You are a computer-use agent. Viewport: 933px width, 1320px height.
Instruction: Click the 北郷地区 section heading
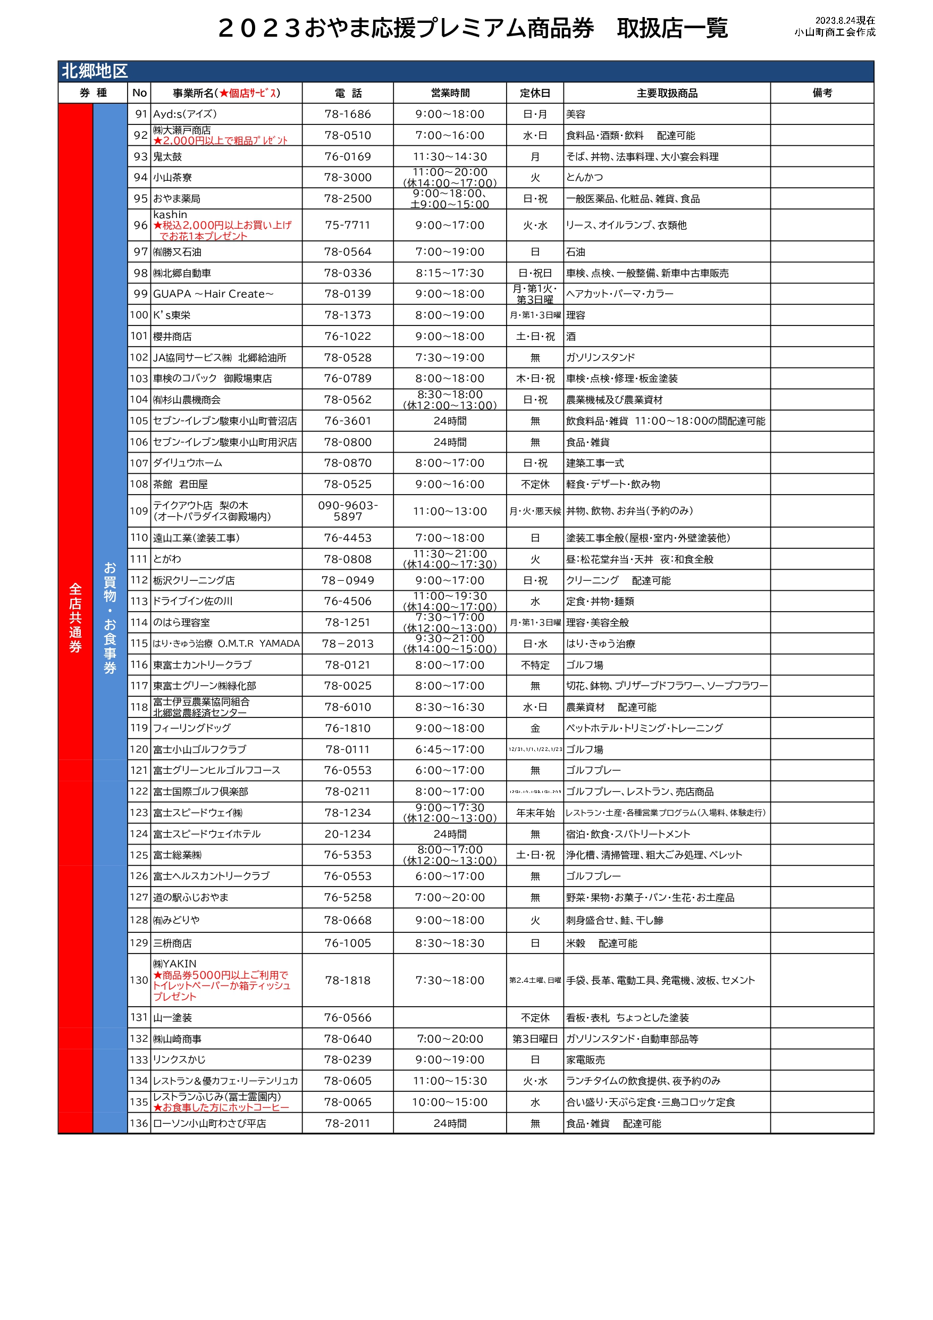point(95,71)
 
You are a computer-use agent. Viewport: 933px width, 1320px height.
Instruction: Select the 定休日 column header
point(535,93)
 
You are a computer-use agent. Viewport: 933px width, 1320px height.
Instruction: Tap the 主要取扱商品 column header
point(667,93)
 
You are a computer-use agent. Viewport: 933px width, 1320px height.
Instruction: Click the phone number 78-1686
point(348,114)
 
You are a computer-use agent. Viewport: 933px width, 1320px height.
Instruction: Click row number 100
point(139,315)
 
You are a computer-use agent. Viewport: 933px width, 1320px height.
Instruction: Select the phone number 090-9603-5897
point(348,511)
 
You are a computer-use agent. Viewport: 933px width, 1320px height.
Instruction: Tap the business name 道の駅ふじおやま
point(191,897)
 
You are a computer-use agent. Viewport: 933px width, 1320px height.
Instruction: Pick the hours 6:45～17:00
point(450,750)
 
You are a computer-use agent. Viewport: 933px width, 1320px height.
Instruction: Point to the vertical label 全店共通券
point(75,618)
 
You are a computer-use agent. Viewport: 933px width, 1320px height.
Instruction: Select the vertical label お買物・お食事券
point(110,618)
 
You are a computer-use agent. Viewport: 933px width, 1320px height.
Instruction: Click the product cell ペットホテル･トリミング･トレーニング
point(644,729)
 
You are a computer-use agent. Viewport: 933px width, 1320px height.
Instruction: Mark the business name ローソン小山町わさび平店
point(209,1123)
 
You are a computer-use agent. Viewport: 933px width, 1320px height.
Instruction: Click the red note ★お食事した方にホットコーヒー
point(221,1107)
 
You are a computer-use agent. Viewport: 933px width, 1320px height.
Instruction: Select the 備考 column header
point(822,93)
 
